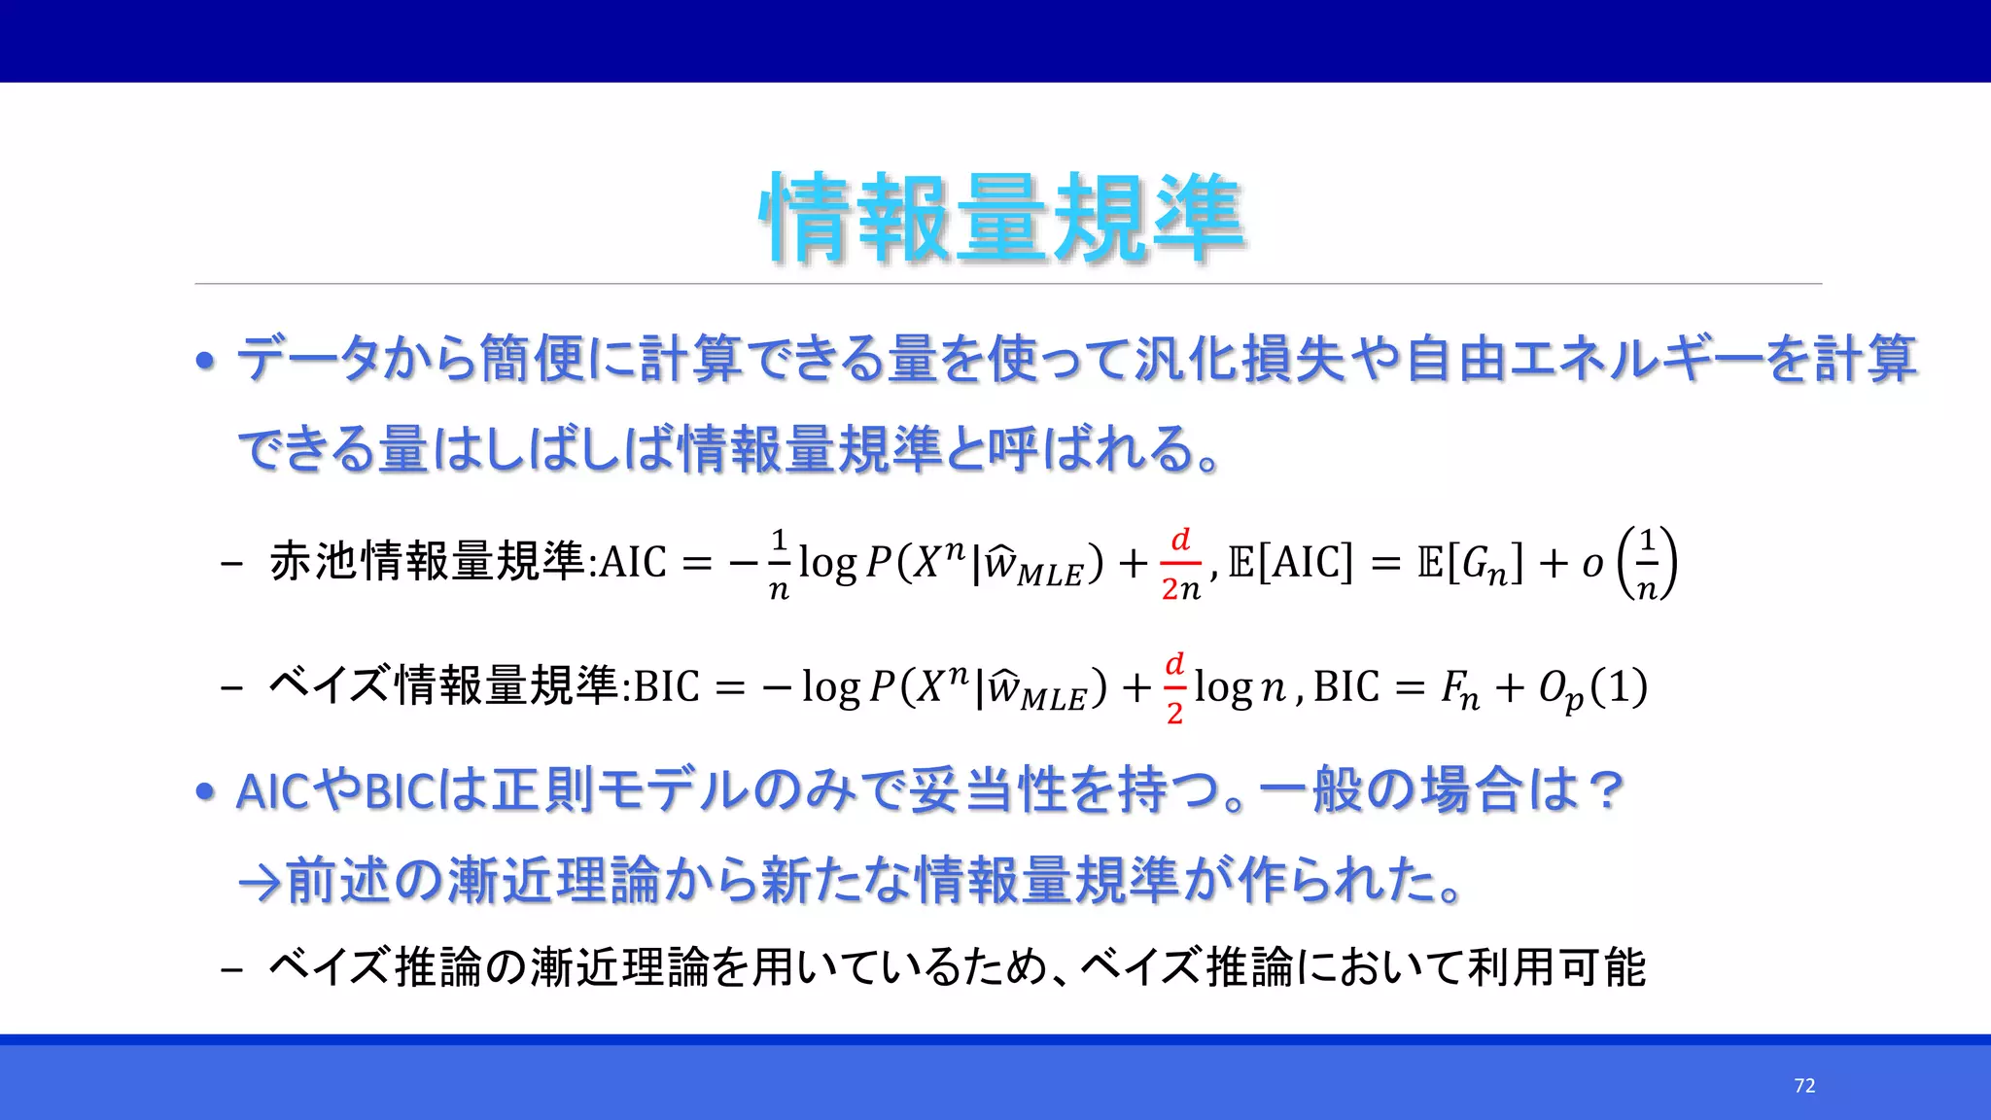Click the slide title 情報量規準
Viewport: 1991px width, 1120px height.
1001,218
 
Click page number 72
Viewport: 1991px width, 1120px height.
1804,1086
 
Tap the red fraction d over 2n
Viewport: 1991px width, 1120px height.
1180,565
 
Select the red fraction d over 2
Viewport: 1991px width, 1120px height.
1174,688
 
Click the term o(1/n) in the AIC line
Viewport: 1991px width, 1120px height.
1628,564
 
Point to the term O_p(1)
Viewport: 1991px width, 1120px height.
1592,688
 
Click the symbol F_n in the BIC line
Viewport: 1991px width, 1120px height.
1459,689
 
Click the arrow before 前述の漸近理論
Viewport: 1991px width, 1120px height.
260,883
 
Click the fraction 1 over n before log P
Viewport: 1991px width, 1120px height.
778,565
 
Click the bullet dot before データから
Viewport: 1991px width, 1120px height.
205,362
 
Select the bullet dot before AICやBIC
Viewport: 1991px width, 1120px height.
205,792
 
